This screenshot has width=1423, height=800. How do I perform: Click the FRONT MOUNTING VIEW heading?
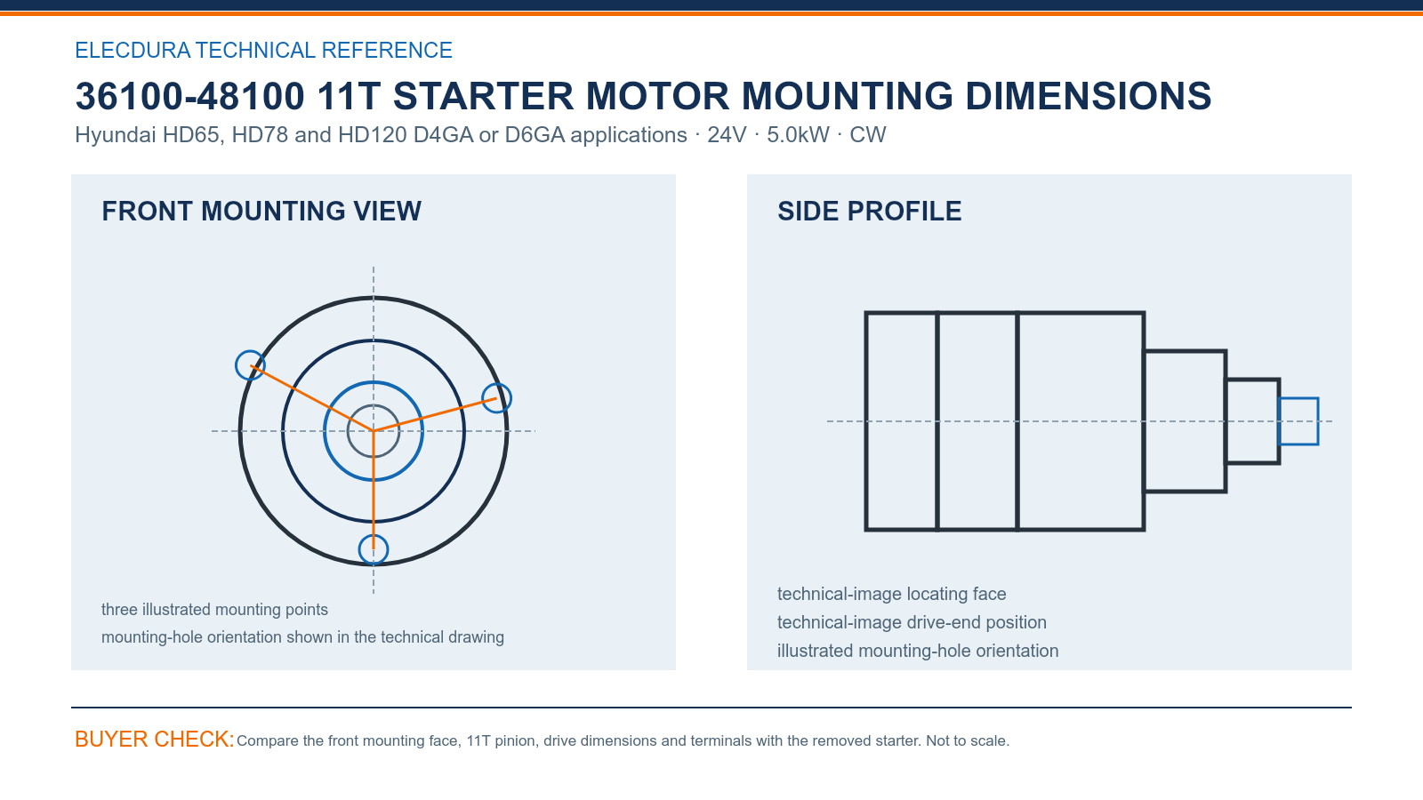[x=261, y=212]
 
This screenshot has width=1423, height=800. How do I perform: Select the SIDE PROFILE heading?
[x=869, y=212]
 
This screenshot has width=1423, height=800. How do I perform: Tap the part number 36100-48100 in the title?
[x=190, y=96]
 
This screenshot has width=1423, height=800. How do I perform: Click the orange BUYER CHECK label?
[x=155, y=739]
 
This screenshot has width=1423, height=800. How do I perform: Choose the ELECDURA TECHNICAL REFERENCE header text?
[x=263, y=50]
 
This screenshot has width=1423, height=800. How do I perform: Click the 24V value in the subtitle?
[x=727, y=134]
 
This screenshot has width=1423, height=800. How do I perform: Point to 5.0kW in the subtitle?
[x=798, y=134]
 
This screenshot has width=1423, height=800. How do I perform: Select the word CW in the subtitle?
[x=868, y=134]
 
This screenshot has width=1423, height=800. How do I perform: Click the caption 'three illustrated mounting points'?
[x=214, y=610]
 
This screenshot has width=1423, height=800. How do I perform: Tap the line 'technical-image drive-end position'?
[x=912, y=622]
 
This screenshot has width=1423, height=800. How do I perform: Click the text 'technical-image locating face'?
[x=891, y=594]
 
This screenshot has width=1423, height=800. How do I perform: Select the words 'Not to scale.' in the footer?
[x=968, y=741]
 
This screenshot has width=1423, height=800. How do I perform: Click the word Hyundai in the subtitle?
[x=116, y=134]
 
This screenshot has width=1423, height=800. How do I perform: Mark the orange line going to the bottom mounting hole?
[x=374, y=490]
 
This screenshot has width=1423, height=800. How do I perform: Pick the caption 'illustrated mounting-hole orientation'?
[x=918, y=651]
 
